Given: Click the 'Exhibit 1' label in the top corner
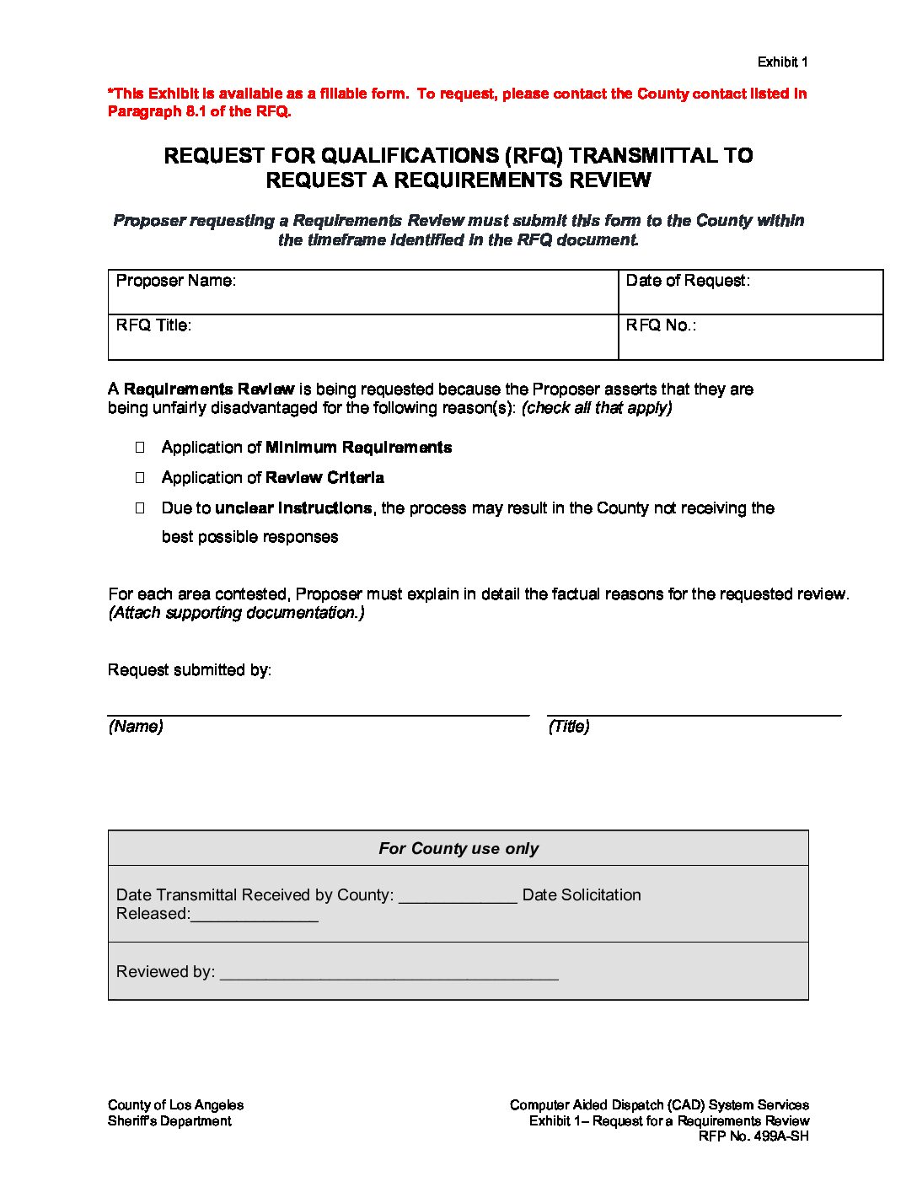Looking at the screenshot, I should [x=782, y=62].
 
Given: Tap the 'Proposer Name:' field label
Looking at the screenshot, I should [x=175, y=281].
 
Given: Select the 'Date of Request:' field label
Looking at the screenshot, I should [x=687, y=281].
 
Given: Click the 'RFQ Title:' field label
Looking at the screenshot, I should [x=153, y=325].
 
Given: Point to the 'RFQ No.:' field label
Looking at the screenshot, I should [x=661, y=325].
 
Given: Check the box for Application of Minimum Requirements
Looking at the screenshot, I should [x=140, y=448].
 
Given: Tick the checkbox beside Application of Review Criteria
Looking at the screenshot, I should [x=140, y=478].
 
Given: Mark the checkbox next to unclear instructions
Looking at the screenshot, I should [x=140, y=508].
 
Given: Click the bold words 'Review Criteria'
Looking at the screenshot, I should [x=324, y=478].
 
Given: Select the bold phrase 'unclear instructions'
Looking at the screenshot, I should [x=293, y=508].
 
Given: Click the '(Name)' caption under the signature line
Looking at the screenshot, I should [x=136, y=727].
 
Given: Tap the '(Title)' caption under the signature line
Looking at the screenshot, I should [x=569, y=727].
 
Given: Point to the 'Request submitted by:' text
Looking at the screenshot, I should [x=190, y=670].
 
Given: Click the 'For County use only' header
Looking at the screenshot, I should [x=458, y=849].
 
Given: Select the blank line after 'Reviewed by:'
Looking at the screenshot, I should [x=389, y=974].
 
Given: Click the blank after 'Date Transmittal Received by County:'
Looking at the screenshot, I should [x=458, y=897].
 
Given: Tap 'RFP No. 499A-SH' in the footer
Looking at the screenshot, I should [x=753, y=1136].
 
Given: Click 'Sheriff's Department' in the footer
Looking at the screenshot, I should [x=169, y=1121].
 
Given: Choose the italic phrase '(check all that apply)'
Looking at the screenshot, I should [x=596, y=408].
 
